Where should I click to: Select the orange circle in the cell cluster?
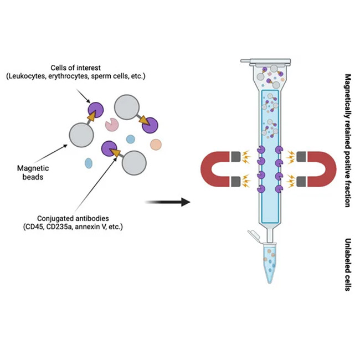156,145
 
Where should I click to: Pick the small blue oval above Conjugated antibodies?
89,163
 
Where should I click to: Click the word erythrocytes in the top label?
114,75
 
